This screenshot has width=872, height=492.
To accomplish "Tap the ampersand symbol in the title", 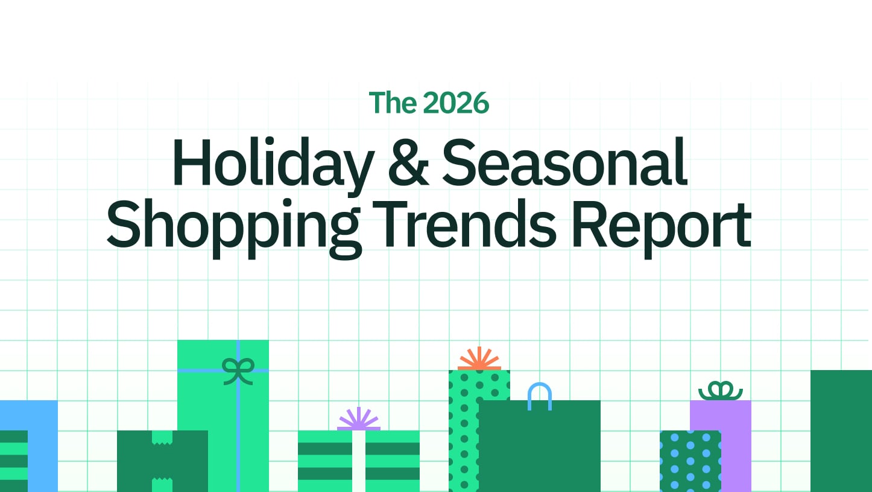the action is [x=408, y=162].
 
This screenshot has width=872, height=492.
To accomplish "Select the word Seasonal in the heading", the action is [x=565, y=162].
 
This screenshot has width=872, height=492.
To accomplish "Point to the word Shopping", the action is [x=234, y=228].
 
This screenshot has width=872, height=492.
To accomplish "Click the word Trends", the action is [x=465, y=223].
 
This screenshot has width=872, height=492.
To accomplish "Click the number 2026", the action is [x=456, y=103].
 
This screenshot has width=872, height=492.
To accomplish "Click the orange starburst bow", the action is [x=479, y=359].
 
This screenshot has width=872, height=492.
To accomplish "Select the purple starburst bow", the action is [x=359, y=419].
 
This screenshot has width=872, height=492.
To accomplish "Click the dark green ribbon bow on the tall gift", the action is [x=238, y=371].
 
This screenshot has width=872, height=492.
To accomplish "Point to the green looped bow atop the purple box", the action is [x=721, y=391].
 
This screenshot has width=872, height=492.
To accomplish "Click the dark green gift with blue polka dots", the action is [x=690, y=461].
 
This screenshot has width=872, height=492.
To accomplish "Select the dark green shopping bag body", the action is [x=540, y=446].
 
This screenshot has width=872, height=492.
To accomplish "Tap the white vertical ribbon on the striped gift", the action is [x=359, y=461].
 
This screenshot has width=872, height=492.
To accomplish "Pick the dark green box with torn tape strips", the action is [x=162, y=461].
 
